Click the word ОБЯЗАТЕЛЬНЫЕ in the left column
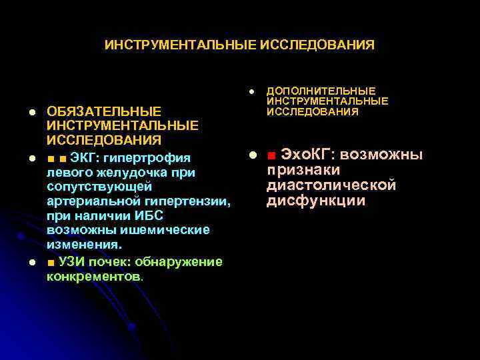click(x=103, y=111)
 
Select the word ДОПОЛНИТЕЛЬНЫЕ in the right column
click(x=321, y=91)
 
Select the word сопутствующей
click(x=100, y=188)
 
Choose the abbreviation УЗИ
click(x=72, y=261)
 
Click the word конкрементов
click(x=93, y=275)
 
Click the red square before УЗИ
click(x=52, y=261)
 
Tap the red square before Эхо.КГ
click(x=271, y=156)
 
